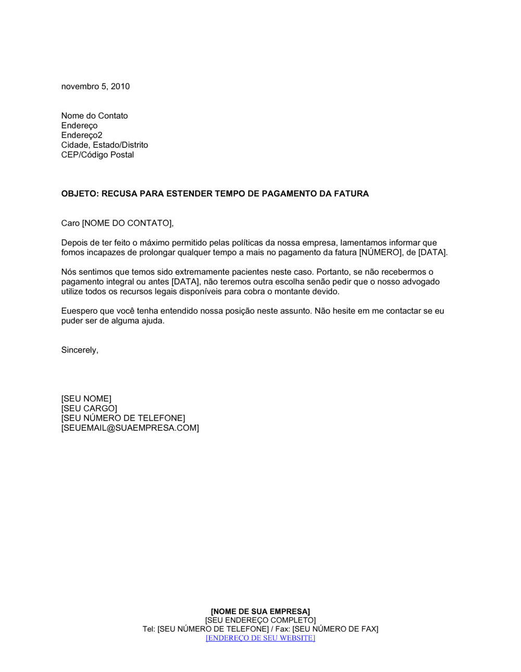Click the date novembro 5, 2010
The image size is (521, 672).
tap(95, 86)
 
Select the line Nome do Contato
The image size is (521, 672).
tap(94, 116)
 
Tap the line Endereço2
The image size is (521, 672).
tap(82, 135)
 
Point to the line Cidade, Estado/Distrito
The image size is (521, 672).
tap(104, 145)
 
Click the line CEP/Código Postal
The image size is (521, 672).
tap(97, 155)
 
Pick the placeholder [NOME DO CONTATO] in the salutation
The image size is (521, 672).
tap(127, 223)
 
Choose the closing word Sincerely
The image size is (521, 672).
tap(79, 350)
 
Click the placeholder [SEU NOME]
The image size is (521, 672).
tap(86, 399)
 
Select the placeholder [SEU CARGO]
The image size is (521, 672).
tap(89, 408)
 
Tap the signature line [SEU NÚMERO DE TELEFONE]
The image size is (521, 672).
tap(123, 418)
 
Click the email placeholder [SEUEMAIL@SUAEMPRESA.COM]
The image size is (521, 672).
tap(130, 428)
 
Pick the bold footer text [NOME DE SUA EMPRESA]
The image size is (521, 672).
tap(260, 611)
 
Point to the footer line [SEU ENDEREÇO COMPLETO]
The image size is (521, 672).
tap(260, 620)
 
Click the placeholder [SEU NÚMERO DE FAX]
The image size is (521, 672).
tap(335, 629)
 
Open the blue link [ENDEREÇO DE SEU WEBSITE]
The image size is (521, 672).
tap(260, 638)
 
